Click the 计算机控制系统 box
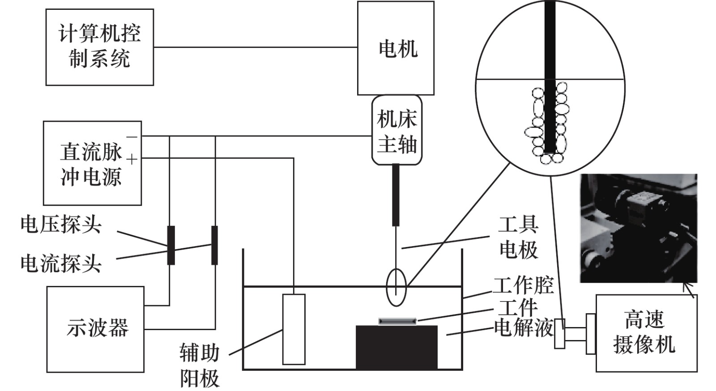click(x=99, y=47)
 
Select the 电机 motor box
click(x=396, y=48)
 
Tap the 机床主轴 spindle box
click(x=396, y=130)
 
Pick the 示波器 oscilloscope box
click(x=95, y=329)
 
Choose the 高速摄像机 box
click(x=646, y=333)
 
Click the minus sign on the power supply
click(x=132, y=136)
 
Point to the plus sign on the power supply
click(x=132, y=159)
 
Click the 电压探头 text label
click(x=61, y=224)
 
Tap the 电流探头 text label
click(x=61, y=263)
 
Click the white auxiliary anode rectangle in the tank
click(x=294, y=329)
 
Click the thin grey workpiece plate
click(x=397, y=321)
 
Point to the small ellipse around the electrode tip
click(x=396, y=287)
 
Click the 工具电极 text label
click(x=518, y=237)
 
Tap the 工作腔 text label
click(x=523, y=285)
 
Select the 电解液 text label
click(x=524, y=328)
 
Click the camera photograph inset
click(x=639, y=228)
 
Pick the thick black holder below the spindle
click(x=396, y=195)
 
